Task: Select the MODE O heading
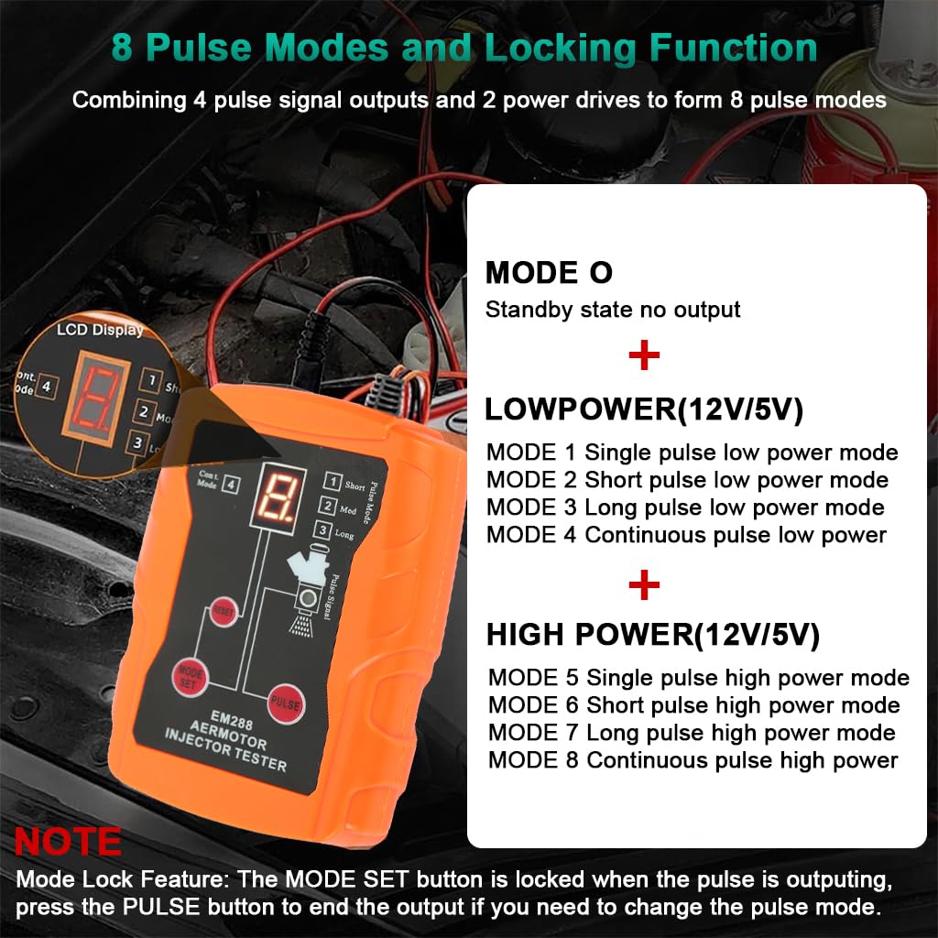tap(549, 273)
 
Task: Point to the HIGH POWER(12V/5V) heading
tap(652, 635)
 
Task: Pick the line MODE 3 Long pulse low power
tap(685, 507)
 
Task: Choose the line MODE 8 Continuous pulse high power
tap(693, 759)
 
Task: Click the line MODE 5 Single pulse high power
tap(698, 678)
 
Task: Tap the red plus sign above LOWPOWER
tap(644, 356)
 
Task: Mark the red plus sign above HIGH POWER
tap(644, 584)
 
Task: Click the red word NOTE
tap(68, 841)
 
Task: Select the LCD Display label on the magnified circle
tap(100, 330)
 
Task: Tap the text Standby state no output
tap(612, 310)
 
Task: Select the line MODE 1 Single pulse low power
tap(692, 453)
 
